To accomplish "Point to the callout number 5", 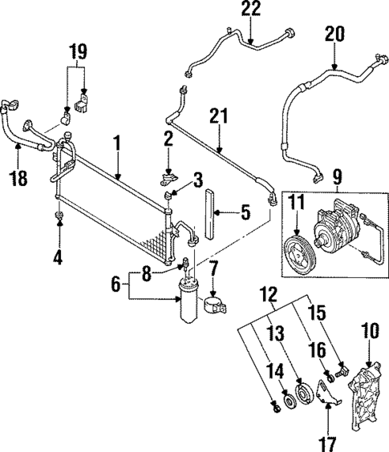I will (x=246, y=213).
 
